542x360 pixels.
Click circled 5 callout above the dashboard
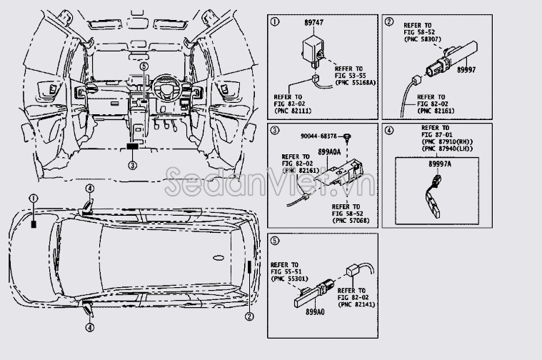(144, 66)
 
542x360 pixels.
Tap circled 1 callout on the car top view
(32, 198)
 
